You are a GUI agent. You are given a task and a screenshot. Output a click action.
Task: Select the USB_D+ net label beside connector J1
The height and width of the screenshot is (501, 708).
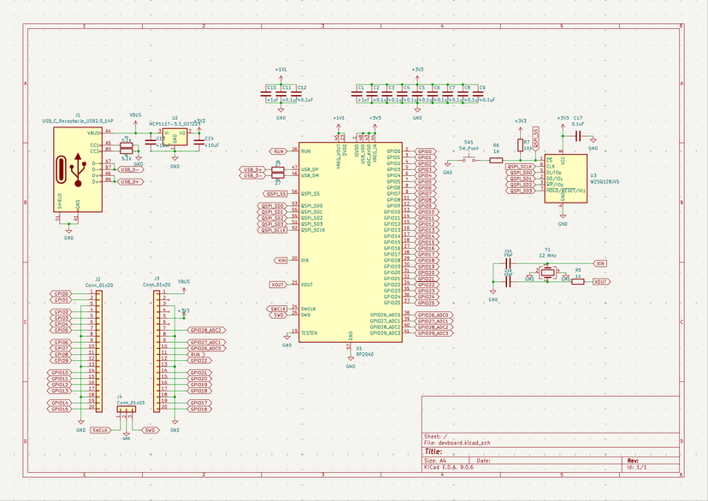pyautogui.click(x=129, y=181)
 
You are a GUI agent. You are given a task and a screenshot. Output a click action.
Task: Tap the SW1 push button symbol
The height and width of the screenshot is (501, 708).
pyautogui.click(x=469, y=159)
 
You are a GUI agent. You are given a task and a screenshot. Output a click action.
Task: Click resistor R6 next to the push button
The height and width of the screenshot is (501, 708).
pyautogui.click(x=496, y=160)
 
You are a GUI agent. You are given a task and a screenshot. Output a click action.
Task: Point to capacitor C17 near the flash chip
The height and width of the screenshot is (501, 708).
pyautogui.click(x=579, y=135)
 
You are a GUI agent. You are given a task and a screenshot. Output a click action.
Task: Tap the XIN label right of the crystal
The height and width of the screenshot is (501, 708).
pyautogui.click(x=600, y=263)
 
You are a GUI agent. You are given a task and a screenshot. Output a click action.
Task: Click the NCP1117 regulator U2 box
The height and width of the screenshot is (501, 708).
pyautogui.click(x=175, y=136)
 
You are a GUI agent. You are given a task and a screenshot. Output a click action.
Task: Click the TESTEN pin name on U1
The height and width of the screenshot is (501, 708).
pyautogui.click(x=310, y=333)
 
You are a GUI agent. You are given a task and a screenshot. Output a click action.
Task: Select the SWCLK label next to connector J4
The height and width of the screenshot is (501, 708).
pyautogui.click(x=99, y=430)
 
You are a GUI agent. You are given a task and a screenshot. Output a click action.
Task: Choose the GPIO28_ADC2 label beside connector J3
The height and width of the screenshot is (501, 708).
pyautogui.click(x=206, y=329)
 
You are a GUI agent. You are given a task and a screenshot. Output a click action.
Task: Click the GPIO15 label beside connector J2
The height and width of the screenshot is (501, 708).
pyautogui.click(x=60, y=410)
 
